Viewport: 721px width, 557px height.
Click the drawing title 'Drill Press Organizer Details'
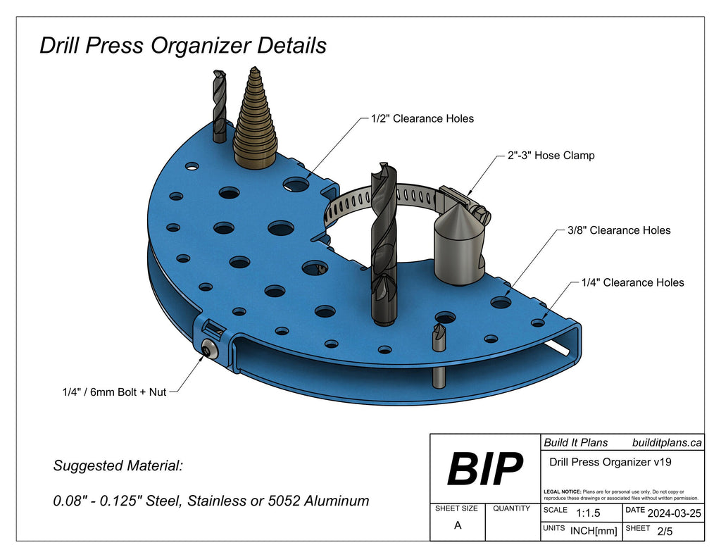(183, 46)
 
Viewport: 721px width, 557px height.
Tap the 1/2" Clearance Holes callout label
(422, 118)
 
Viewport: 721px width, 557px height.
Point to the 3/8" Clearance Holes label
(619, 230)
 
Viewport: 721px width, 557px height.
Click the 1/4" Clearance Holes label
(632, 282)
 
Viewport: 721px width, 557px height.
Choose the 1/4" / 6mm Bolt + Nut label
(114, 392)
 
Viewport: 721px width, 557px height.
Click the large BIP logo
(485, 468)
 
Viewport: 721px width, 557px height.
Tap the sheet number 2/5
(664, 531)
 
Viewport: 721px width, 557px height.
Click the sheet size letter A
(458, 525)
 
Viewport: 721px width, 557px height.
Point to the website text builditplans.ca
(667, 442)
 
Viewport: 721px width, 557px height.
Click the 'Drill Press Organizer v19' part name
(609, 462)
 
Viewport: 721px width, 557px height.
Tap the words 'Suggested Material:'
(118, 466)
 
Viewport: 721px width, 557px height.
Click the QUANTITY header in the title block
(511, 508)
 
